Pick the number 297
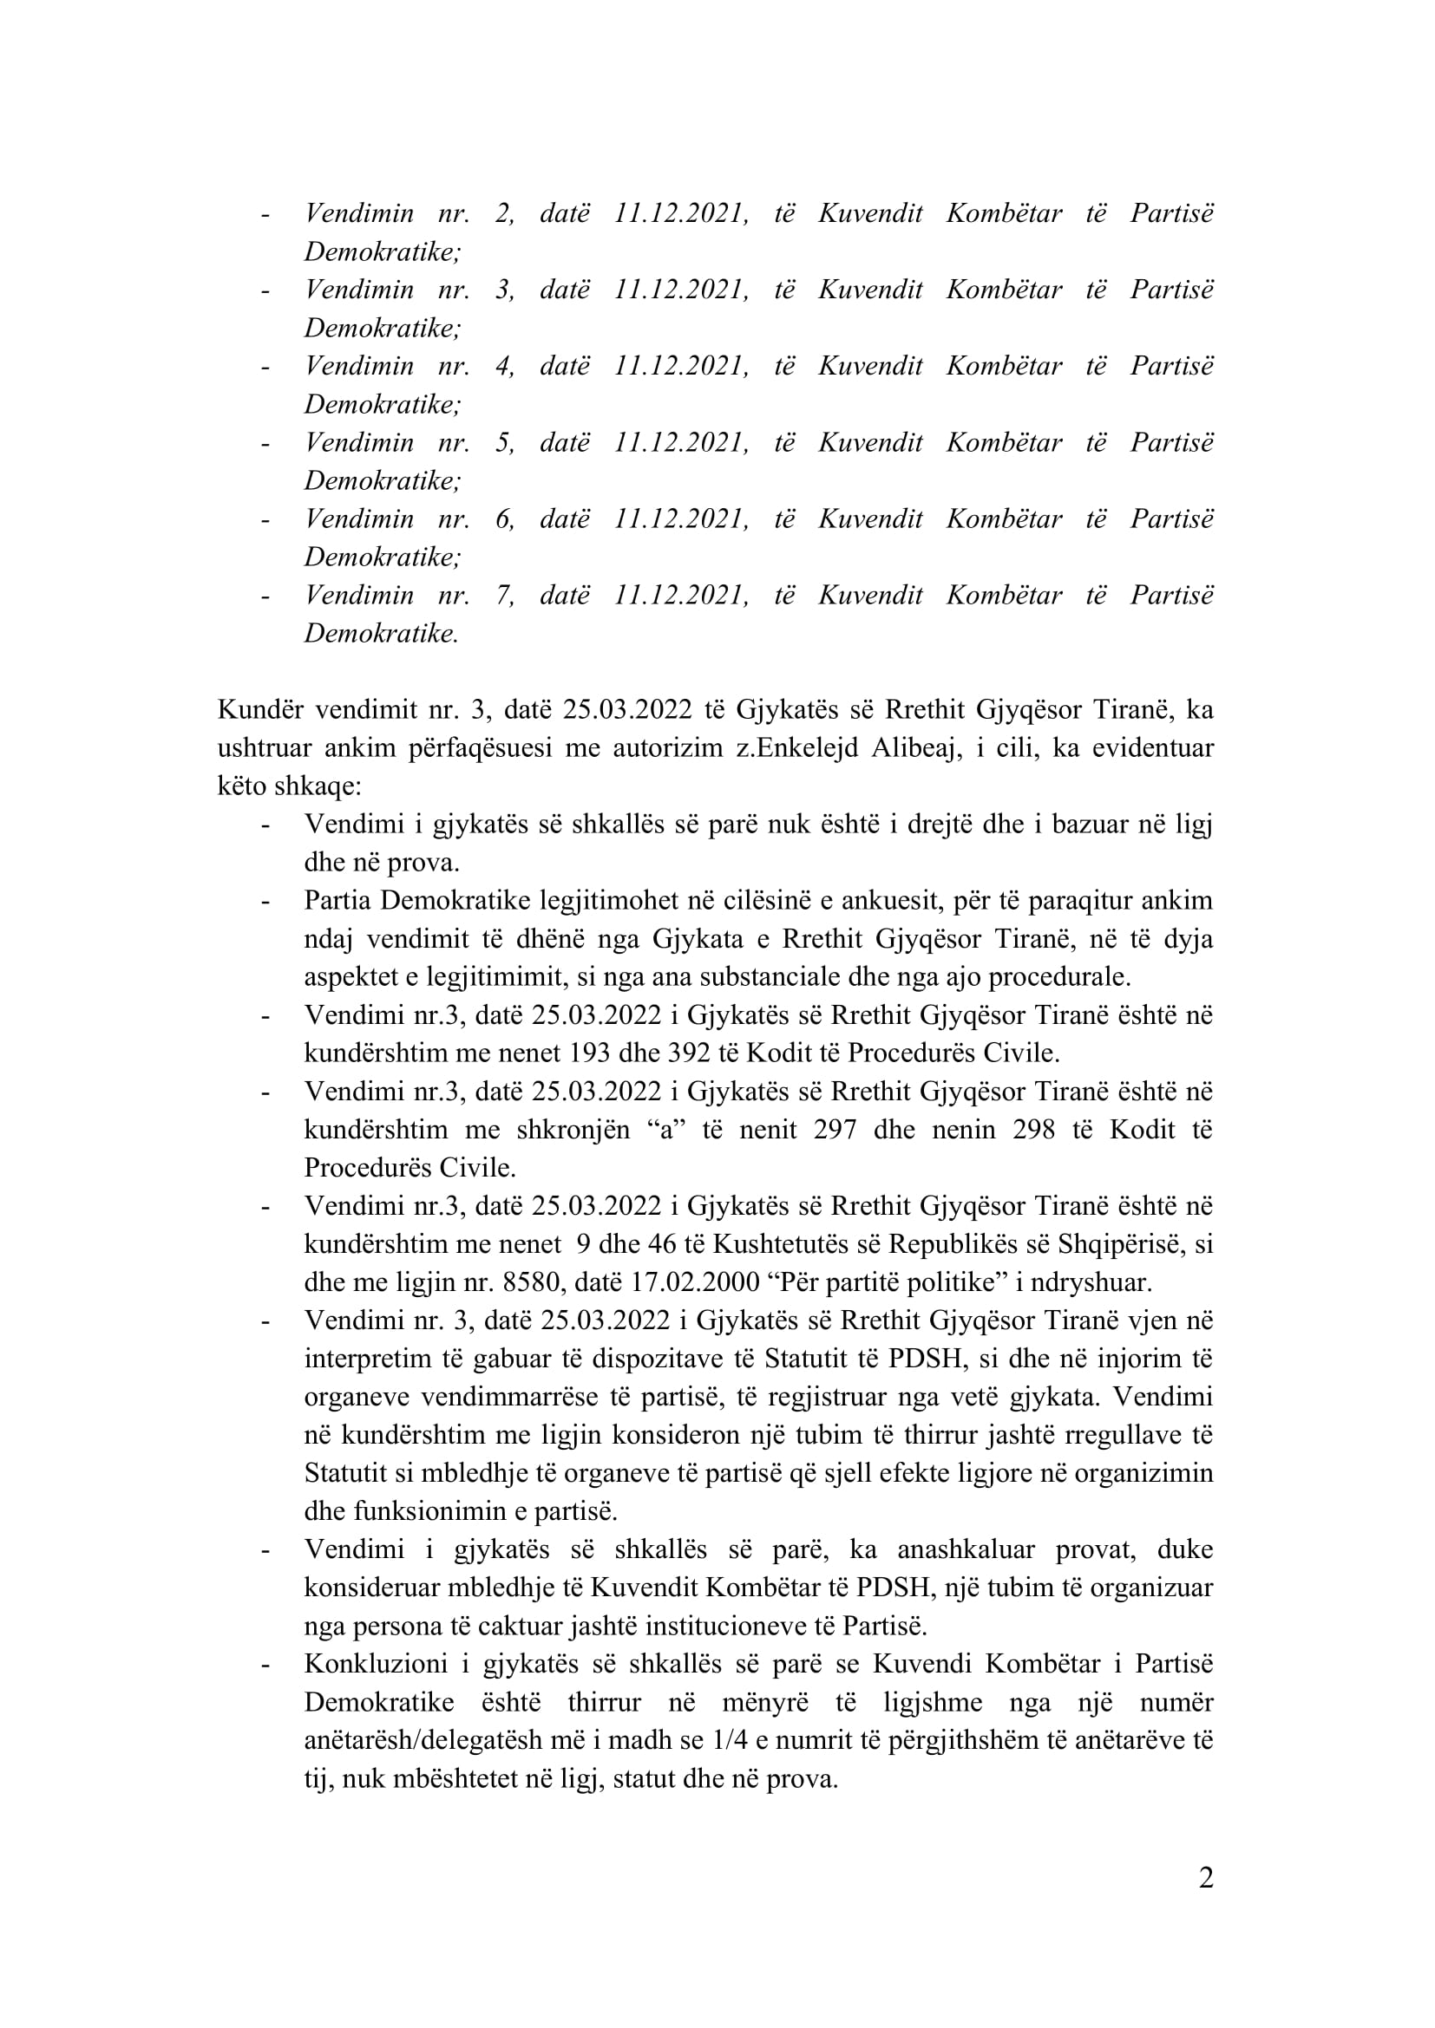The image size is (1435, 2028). tap(831, 1130)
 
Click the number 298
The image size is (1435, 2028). tap(1030, 1130)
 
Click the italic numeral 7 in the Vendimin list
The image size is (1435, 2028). tap(504, 595)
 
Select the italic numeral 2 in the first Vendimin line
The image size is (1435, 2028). tap(504, 213)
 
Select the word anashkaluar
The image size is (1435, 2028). tap(966, 1549)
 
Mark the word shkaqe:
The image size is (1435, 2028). tap(318, 786)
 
